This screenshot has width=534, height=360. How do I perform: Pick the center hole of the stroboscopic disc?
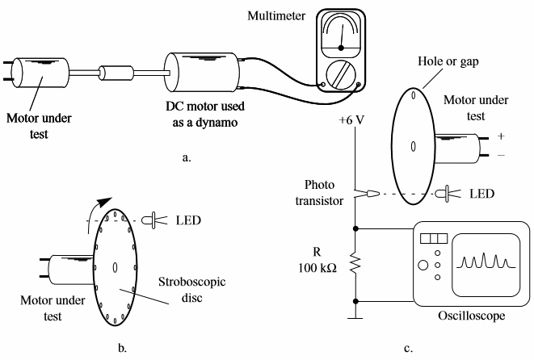(x=115, y=267)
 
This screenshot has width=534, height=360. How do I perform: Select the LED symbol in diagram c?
(x=444, y=193)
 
